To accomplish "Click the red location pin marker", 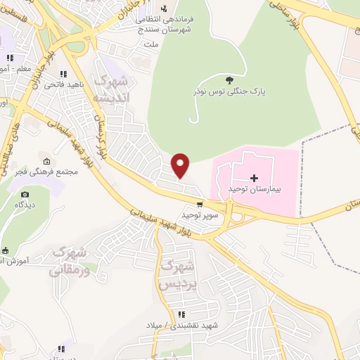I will coord(181,165).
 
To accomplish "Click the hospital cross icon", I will coord(254,179).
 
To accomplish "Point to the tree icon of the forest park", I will coord(229,79).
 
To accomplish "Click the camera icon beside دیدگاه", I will coord(25,195).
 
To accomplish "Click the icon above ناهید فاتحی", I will coord(63,74).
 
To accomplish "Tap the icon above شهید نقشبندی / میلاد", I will coord(181,314).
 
